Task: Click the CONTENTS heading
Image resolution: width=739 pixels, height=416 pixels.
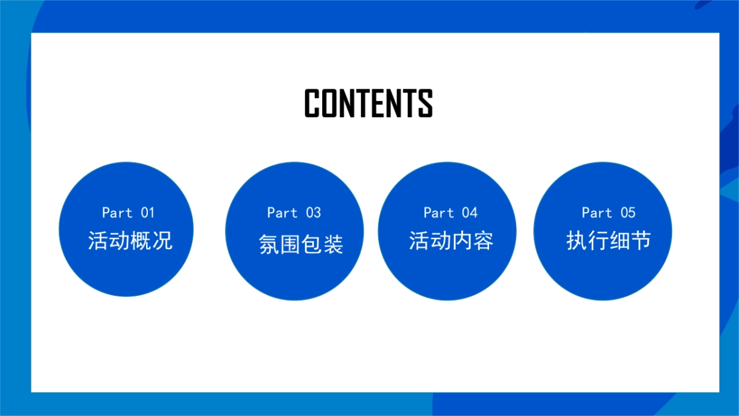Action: (368, 103)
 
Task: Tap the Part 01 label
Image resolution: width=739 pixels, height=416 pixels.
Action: (128, 213)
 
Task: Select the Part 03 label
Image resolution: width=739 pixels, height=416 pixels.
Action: (294, 213)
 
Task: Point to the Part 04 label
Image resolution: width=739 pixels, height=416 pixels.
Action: (450, 213)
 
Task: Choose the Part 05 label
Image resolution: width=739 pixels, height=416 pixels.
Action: (608, 213)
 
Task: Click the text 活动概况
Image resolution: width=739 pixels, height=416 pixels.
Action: (130, 240)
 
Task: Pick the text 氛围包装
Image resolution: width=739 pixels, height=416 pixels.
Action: (301, 245)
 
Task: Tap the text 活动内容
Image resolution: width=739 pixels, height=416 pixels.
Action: (451, 240)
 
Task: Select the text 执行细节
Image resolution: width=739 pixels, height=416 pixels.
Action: (608, 240)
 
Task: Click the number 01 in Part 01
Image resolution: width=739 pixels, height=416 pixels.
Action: (148, 213)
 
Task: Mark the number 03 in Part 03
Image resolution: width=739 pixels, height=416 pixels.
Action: (313, 213)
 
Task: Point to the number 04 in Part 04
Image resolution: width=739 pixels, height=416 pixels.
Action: (470, 213)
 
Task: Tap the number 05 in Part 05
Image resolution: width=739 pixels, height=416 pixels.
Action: (628, 213)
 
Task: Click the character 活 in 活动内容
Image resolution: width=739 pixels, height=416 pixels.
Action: (419, 240)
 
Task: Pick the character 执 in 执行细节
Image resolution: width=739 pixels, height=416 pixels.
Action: (576, 240)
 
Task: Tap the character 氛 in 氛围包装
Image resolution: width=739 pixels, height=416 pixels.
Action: (269, 245)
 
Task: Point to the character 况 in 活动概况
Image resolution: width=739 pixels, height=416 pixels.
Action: (162, 240)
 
